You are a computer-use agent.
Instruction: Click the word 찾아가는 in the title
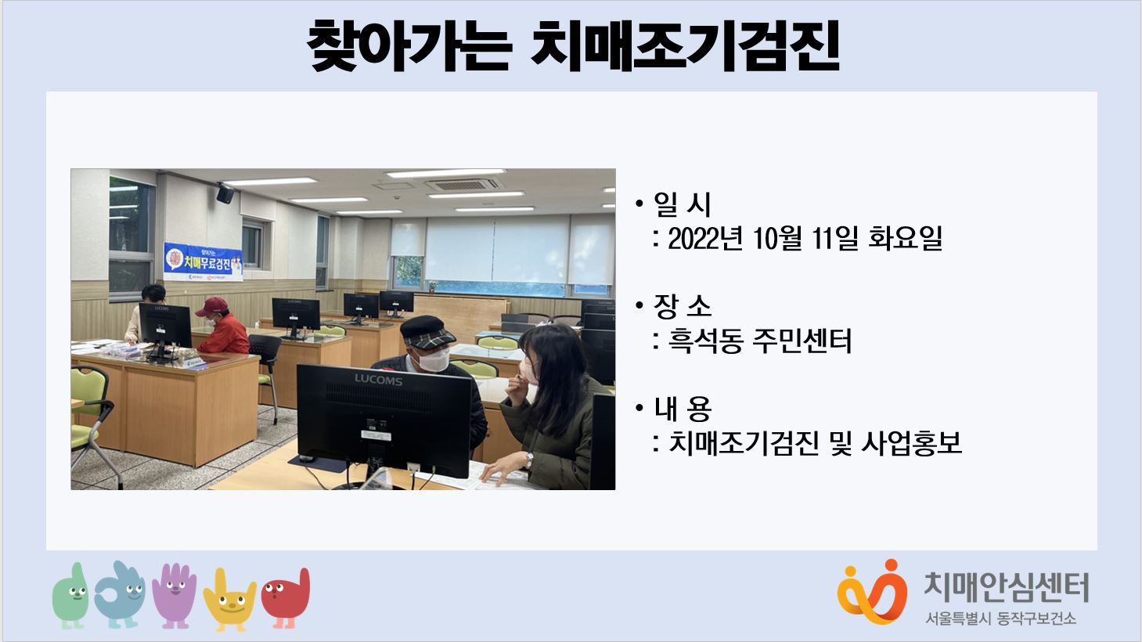[409, 46]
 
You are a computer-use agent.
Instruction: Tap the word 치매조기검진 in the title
[684, 46]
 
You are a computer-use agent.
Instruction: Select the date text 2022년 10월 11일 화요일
[805, 238]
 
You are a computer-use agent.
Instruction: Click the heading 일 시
[682, 204]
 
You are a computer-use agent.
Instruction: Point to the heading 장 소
[682, 306]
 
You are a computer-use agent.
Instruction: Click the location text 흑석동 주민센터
[759, 341]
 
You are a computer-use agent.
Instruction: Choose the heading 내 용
[682, 409]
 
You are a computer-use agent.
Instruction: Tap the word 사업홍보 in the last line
[911, 442]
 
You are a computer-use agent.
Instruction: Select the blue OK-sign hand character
[120, 594]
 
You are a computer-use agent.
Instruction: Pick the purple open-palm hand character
[175, 595]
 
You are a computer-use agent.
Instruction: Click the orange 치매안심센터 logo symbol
[872, 592]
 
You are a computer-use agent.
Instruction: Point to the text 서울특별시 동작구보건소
[1000, 619]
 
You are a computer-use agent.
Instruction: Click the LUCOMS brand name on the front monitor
[378, 380]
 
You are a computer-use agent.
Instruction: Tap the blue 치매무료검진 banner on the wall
[203, 261]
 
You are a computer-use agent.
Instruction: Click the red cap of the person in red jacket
[211, 306]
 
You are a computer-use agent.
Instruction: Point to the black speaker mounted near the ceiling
[225, 193]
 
